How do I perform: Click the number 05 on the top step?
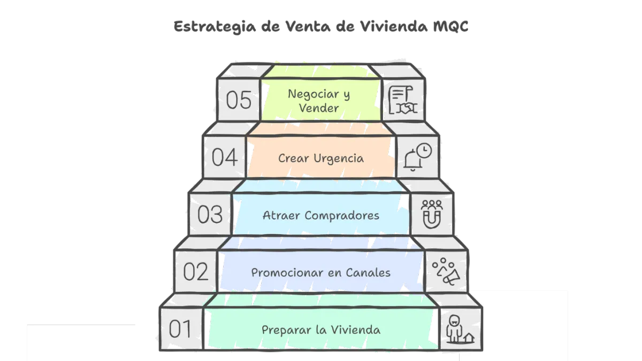[x=239, y=100]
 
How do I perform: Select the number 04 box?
[x=225, y=157]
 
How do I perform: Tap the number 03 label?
[x=210, y=215]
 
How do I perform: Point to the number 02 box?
[x=196, y=272]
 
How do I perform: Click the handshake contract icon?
[x=403, y=100]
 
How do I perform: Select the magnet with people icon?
[x=432, y=215]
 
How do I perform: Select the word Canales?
[x=369, y=273]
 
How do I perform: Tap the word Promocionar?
[x=285, y=273]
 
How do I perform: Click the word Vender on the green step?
[x=319, y=108]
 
